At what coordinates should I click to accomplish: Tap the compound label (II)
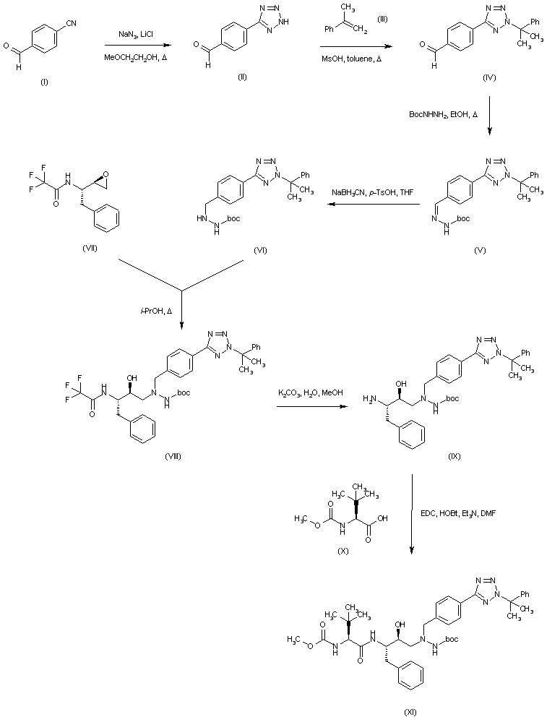pos(242,77)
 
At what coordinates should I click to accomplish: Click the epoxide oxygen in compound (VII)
pos(107,173)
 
